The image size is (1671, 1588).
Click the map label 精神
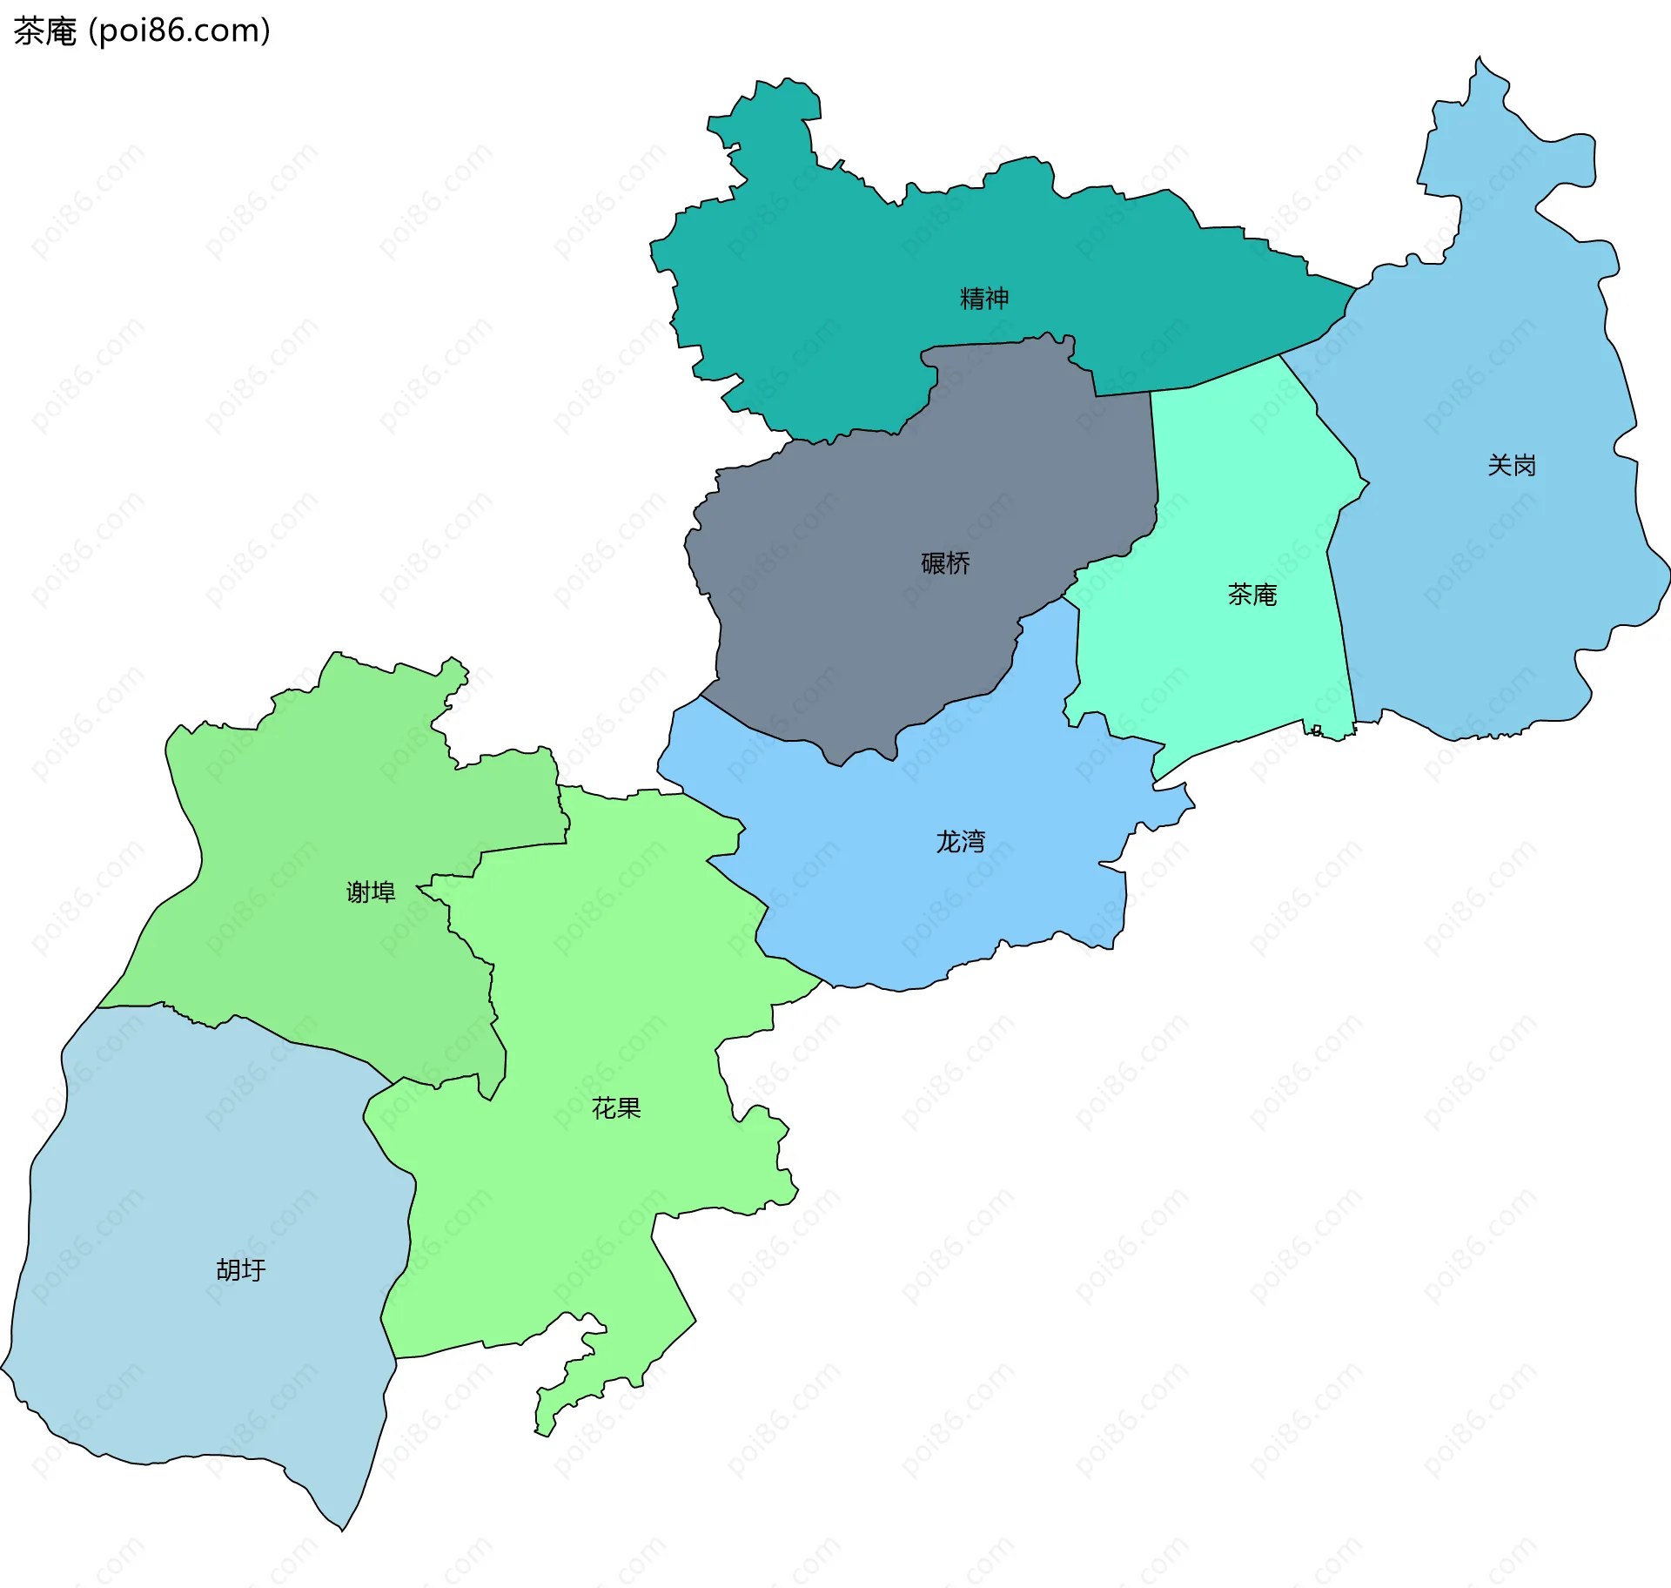tap(983, 299)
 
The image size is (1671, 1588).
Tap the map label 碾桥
tap(945, 563)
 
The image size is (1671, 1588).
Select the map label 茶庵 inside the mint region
tap(1252, 595)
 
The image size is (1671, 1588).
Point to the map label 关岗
tap(1511, 466)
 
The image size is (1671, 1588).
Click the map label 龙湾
tap(960, 842)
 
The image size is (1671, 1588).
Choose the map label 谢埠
tap(371, 892)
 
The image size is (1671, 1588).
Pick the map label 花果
tap(616, 1108)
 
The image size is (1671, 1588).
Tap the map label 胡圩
tap(240, 1270)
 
